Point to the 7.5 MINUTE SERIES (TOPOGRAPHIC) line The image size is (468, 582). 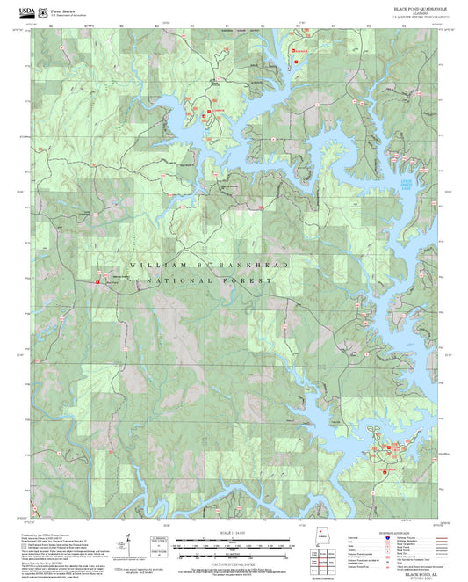[419, 17]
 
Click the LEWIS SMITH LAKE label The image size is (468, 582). [428, 184]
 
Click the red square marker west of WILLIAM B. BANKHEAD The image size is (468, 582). [97, 280]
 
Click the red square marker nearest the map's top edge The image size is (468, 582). [293, 52]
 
